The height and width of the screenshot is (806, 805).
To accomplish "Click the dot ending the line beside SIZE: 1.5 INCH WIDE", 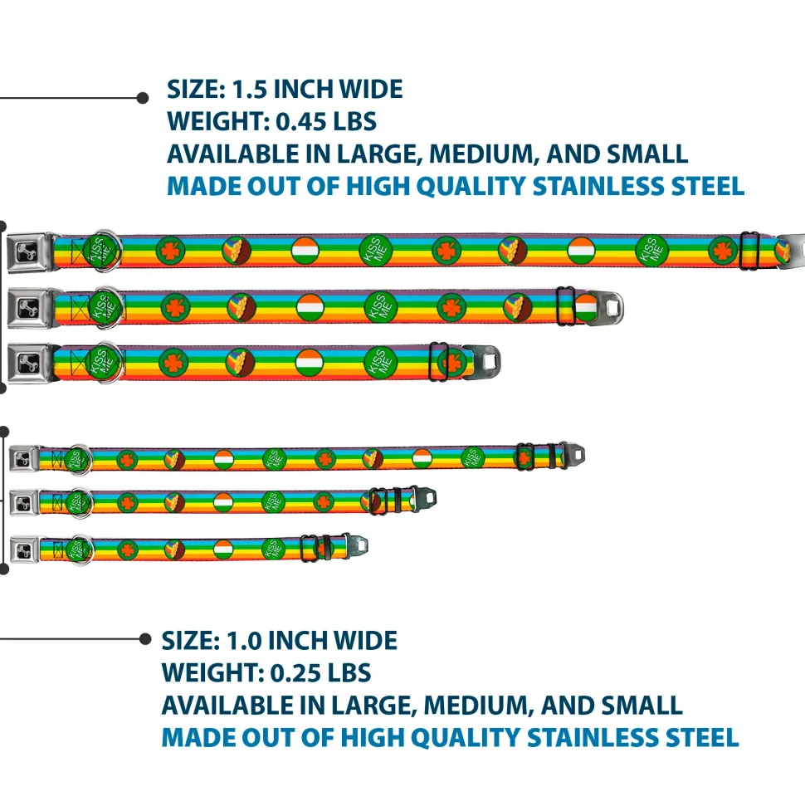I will pos(142,97).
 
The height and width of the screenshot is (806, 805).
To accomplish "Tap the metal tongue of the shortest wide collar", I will pos(484,362).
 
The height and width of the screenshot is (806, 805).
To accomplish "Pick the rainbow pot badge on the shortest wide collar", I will pos(241,362).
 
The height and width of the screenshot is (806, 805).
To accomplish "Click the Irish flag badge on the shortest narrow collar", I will pos(222,548).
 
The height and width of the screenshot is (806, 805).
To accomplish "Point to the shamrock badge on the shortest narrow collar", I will pos(127,549).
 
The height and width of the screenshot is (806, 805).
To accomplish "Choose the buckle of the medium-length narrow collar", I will pos(23,501).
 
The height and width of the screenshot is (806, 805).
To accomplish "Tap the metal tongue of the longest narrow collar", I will pos(573,455).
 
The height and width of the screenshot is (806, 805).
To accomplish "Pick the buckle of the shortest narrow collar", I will pos(23,548).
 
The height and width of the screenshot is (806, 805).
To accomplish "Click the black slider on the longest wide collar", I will pos(750,251).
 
